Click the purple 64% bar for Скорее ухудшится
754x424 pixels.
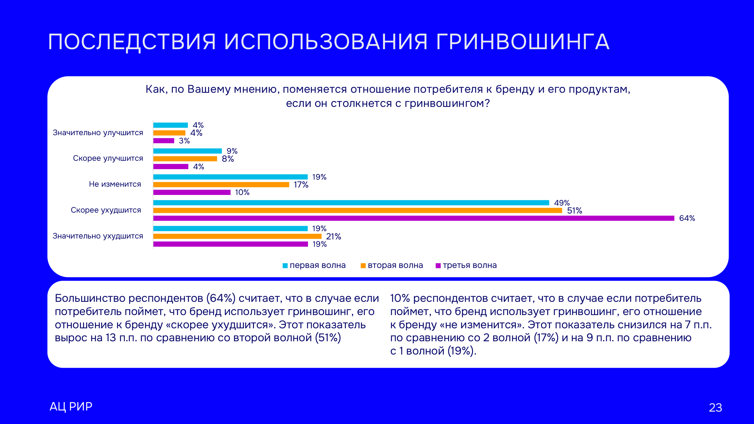(414, 218)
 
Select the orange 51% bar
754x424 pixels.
(358, 211)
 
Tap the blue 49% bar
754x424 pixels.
(351, 203)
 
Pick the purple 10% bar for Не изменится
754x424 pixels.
(192, 192)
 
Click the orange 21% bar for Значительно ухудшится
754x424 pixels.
(237, 236)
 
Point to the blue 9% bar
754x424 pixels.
(187, 151)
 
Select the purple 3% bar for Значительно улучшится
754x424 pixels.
(163, 141)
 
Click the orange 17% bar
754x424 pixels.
(221, 185)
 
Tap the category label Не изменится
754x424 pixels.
(115, 184)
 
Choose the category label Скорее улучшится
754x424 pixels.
(108, 158)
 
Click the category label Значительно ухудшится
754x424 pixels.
(98, 236)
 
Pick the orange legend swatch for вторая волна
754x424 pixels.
(363, 266)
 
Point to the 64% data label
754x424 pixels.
(687, 218)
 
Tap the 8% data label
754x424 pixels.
(228, 159)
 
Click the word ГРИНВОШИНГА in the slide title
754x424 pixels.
(522, 42)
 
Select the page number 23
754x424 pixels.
(715, 408)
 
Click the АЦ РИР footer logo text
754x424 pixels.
(71, 407)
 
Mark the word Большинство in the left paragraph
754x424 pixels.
(90, 298)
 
